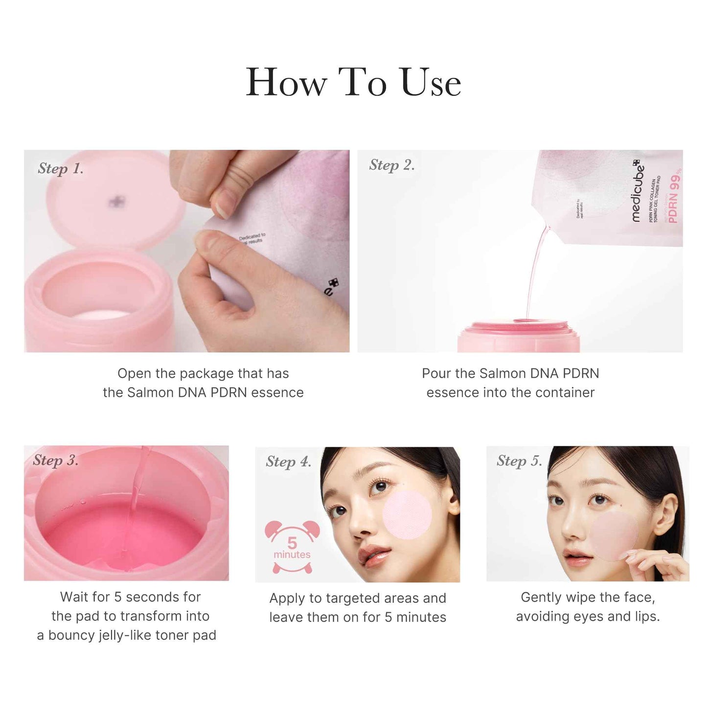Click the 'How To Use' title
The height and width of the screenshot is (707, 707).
(353, 82)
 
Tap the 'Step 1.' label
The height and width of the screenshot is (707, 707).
(61, 168)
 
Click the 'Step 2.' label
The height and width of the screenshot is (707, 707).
(392, 165)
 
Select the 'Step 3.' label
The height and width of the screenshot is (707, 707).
(56, 460)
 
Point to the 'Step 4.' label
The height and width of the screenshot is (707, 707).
(289, 461)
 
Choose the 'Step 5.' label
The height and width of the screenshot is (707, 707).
(519, 460)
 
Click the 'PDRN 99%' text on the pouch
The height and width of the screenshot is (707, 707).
(675, 196)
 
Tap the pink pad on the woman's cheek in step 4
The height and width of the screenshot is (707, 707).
(407, 515)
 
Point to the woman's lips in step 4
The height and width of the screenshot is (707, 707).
(373, 557)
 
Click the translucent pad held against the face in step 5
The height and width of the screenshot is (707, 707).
(615, 536)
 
